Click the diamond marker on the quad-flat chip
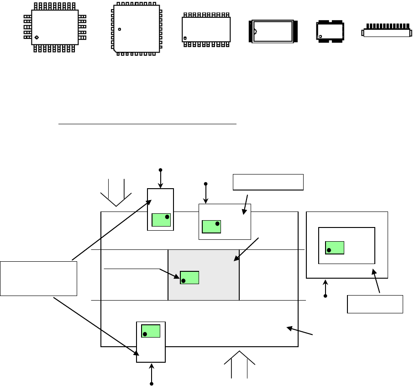tap(37, 37)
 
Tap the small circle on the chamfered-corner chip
tap(119, 30)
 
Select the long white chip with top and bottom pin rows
tap(206, 29)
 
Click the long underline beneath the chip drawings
tap(148, 123)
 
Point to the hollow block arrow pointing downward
tap(116, 192)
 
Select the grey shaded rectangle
tap(204, 275)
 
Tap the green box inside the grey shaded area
tap(189, 278)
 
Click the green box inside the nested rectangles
tap(335, 248)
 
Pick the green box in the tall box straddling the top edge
tap(161, 220)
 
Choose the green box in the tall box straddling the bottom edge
tap(151, 331)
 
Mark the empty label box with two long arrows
tap(38, 278)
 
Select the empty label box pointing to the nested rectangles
tap(375, 304)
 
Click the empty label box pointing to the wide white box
tap(268, 182)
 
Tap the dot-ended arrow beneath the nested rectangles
tap(326, 289)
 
